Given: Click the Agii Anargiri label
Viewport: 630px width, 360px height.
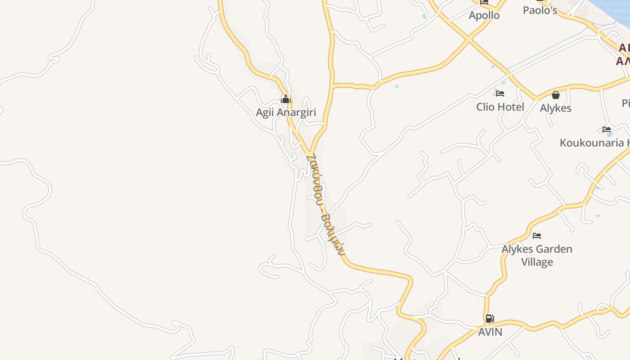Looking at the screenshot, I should click(x=286, y=112).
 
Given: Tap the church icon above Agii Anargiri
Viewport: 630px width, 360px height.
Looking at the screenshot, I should click(x=286, y=99).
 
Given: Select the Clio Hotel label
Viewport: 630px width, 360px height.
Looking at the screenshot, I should click(x=500, y=107).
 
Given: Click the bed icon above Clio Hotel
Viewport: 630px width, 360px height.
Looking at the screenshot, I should click(x=500, y=94).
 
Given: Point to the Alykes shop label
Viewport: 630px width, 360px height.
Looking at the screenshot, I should click(x=555, y=108).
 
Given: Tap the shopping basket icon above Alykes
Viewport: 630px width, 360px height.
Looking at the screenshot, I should click(x=556, y=95).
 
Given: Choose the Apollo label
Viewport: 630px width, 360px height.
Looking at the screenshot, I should click(x=484, y=15).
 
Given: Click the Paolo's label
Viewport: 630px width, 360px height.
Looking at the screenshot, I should click(x=540, y=10).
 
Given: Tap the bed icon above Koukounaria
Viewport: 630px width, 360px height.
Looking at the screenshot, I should click(x=607, y=130).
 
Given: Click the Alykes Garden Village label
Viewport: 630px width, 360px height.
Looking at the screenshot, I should click(x=537, y=255).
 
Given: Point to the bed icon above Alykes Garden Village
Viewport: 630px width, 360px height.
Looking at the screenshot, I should click(x=537, y=235).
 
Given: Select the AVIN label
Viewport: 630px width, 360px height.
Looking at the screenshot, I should click(x=490, y=332).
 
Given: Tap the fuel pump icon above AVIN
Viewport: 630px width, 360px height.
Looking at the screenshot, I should click(x=490, y=319).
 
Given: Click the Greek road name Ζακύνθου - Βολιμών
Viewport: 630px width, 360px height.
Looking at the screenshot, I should click(x=325, y=205).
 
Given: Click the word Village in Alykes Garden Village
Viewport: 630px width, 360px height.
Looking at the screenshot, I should click(x=537, y=262).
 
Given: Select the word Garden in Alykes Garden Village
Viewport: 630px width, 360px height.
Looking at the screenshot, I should click(x=555, y=249).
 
